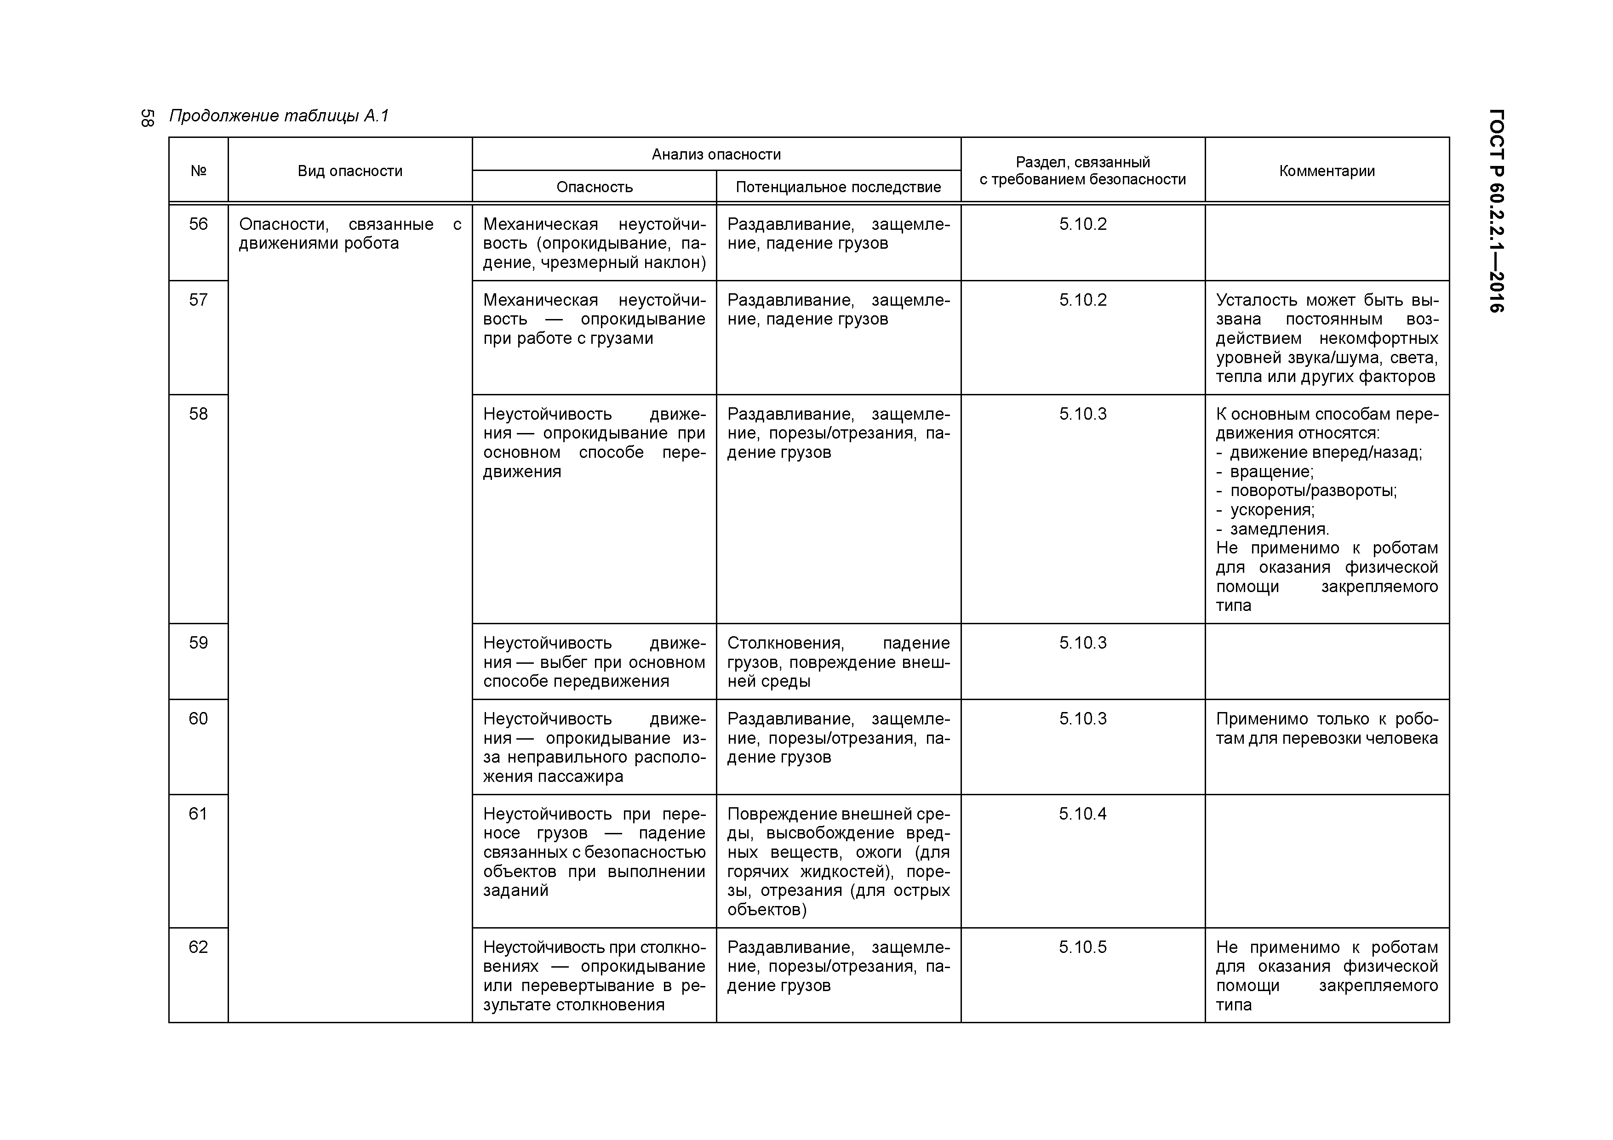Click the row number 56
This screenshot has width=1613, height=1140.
(198, 224)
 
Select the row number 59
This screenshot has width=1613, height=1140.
(198, 643)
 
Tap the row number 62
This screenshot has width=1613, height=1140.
(198, 947)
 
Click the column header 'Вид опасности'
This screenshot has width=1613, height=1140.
(350, 171)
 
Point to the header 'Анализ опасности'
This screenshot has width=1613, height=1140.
(716, 154)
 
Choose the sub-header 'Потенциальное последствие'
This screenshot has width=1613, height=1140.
(838, 187)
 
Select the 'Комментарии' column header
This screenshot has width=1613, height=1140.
(1327, 171)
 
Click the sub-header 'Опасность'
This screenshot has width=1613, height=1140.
(595, 187)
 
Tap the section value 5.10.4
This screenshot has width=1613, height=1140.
(1082, 813)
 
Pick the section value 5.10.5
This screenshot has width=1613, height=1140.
(1082, 947)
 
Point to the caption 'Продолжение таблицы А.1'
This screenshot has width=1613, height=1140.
(279, 116)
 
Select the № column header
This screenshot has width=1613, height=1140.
(198, 171)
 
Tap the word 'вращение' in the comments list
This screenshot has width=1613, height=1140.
(1270, 471)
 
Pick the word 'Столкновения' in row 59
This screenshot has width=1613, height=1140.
(785, 643)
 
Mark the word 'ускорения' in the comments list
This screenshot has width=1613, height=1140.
(1271, 509)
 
